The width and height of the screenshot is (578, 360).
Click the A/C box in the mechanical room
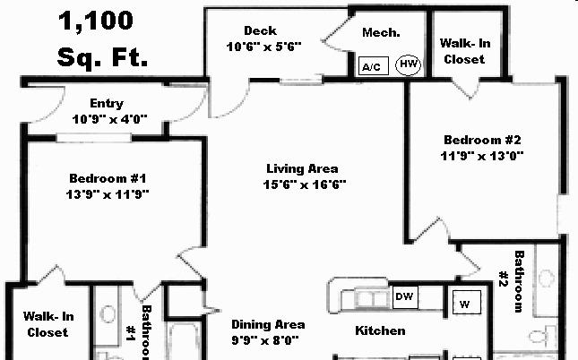(x=373, y=66)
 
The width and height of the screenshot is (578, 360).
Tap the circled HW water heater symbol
(x=408, y=64)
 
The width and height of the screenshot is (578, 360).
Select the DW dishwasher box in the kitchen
(x=405, y=297)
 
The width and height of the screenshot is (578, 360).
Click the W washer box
(x=466, y=303)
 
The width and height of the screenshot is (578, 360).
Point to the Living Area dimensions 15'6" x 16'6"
(x=305, y=184)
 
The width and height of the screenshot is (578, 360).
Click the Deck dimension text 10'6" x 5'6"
(x=264, y=47)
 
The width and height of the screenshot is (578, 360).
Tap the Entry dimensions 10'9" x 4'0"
(x=110, y=119)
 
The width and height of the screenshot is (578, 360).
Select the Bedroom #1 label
(x=108, y=178)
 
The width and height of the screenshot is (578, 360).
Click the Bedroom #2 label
(x=482, y=140)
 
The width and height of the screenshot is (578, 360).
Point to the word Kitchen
(x=380, y=330)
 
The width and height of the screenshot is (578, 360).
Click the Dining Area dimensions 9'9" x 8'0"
(x=265, y=340)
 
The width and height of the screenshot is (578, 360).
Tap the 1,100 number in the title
(x=96, y=21)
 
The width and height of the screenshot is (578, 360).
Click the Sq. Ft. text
(x=102, y=57)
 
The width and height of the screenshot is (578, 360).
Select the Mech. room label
(x=381, y=32)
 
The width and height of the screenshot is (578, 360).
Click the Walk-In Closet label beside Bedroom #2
(x=465, y=51)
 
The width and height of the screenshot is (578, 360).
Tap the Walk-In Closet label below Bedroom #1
(x=48, y=324)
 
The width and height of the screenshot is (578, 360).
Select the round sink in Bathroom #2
(x=547, y=279)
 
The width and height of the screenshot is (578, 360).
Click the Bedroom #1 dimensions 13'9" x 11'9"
(x=108, y=194)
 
